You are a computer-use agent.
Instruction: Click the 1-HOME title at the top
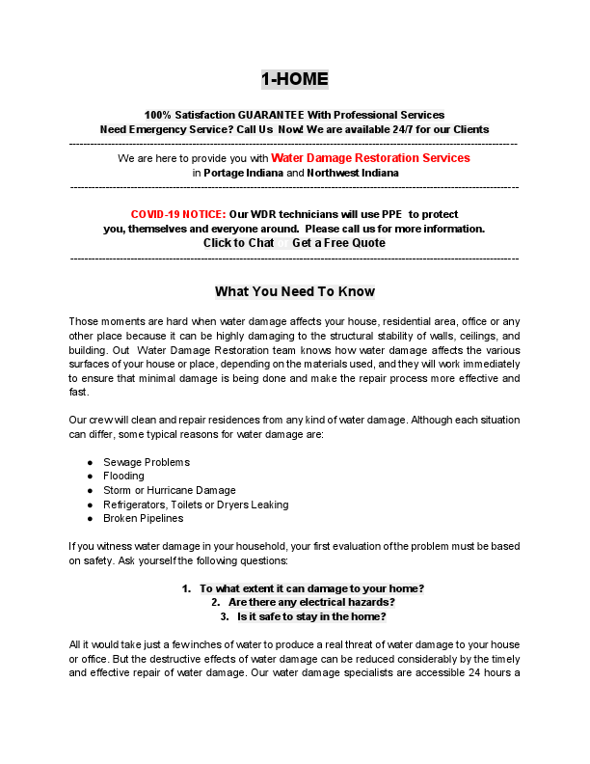click(294, 79)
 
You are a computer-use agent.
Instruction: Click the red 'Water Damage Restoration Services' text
click(370, 157)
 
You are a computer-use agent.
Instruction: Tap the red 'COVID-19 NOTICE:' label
click(178, 214)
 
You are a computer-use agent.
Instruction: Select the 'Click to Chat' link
click(238, 243)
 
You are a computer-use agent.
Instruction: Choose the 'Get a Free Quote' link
click(338, 243)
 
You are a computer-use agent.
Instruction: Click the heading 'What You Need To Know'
click(294, 291)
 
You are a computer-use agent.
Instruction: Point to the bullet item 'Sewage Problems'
click(147, 463)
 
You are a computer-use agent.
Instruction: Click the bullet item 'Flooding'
click(123, 477)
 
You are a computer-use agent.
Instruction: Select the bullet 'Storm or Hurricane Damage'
click(169, 491)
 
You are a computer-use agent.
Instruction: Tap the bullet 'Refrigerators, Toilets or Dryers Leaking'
click(196, 505)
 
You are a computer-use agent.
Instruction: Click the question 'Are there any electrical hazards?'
click(311, 603)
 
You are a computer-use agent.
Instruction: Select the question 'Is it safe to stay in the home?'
click(311, 617)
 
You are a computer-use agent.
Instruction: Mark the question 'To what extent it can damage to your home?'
click(311, 588)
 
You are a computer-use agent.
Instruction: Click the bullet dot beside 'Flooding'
click(90, 477)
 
